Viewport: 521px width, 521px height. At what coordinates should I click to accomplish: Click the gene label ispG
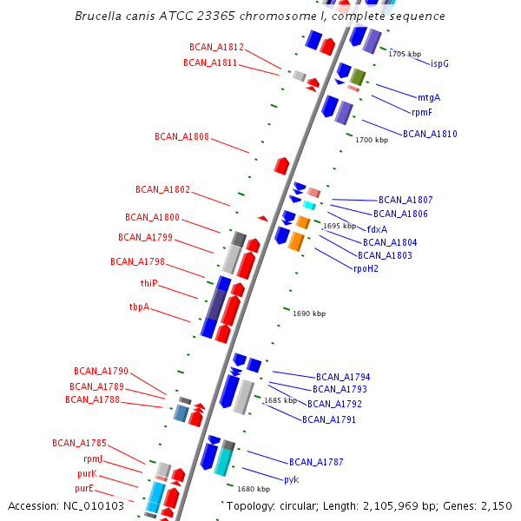tap(439, 63)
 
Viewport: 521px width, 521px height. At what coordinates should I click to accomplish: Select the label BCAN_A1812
tap(216, 47)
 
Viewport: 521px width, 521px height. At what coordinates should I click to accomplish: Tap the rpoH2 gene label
tap(366, 268)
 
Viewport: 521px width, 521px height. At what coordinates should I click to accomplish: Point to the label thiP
tap(149, 283)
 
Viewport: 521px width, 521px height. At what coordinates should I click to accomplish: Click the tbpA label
tap(139, 307)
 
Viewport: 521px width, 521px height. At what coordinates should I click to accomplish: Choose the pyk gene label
tap(291, 479)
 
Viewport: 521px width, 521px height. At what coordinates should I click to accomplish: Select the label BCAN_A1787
tap(316, 462)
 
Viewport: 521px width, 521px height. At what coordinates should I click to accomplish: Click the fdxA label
tap(377, 229)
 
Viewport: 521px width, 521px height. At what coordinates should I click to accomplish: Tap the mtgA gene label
tap(429, 97)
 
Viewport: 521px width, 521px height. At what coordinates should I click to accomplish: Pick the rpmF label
tap(422, 112)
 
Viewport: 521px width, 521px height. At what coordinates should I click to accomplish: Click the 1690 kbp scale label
tap(309, 313)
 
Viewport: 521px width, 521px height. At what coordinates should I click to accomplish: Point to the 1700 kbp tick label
tap(372, 140)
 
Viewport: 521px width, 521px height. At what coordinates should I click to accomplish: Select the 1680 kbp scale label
tap(254, 489)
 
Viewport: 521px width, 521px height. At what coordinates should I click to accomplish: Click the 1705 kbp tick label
tap(405, 54)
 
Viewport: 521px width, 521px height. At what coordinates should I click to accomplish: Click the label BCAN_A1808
tap(181, 136)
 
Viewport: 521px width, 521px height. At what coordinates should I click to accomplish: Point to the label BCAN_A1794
tap(343, 377)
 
